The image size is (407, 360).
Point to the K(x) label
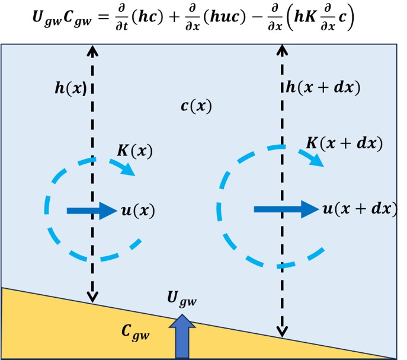click(x=134, y=151)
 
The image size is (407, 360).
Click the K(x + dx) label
click(x=344, y=143)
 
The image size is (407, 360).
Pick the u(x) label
click(x=138, y=211)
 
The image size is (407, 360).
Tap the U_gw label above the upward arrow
click(x=182, y=301)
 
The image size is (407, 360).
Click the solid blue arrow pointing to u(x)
click(x=92, y=211)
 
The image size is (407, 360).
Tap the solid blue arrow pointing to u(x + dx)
click(x=286, y=209)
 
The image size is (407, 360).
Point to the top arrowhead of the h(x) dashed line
click(x=92, y=50)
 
